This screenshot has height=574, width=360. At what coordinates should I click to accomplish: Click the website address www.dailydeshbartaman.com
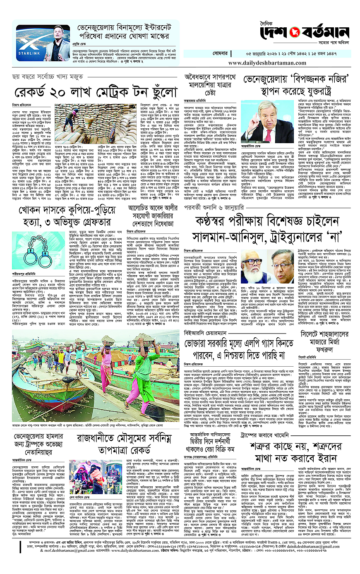click(x=271, y=62)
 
